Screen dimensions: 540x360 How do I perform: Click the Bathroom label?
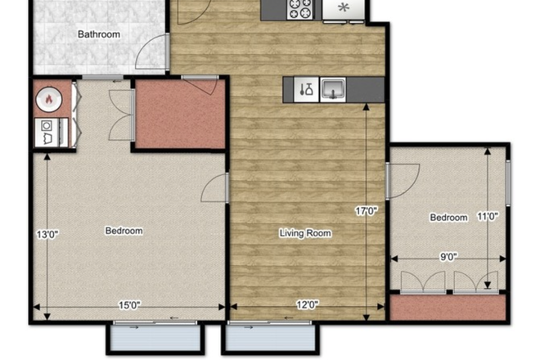coord(99,34)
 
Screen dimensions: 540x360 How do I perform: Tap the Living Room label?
coord(305,233)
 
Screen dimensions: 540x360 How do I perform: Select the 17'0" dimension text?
coord(367,210)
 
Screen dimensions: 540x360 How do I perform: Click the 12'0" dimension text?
coord(308,304)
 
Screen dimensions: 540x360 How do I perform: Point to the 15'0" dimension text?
coord(129,305)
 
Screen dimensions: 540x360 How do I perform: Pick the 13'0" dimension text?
coord(47,235)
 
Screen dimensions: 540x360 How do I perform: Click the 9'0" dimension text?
coord(448,257)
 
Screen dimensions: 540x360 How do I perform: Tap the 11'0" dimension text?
coord(488,216)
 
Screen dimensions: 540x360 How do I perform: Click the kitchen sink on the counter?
coord(333,89)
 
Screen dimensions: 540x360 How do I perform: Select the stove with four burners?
coord(300,9)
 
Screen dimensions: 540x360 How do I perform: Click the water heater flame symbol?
coord(49,99)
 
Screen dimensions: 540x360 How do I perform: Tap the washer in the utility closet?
coord(47,133)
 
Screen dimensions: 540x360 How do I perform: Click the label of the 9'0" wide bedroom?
coord(448,218)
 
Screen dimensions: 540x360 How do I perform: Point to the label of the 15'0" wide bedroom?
coord(124,231)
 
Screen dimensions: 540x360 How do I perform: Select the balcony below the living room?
coord(270,338)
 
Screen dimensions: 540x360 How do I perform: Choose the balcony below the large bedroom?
coord(155,338)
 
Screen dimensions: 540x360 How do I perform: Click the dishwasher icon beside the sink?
coord(306,89)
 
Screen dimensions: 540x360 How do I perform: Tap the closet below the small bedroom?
coord(448,307)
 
